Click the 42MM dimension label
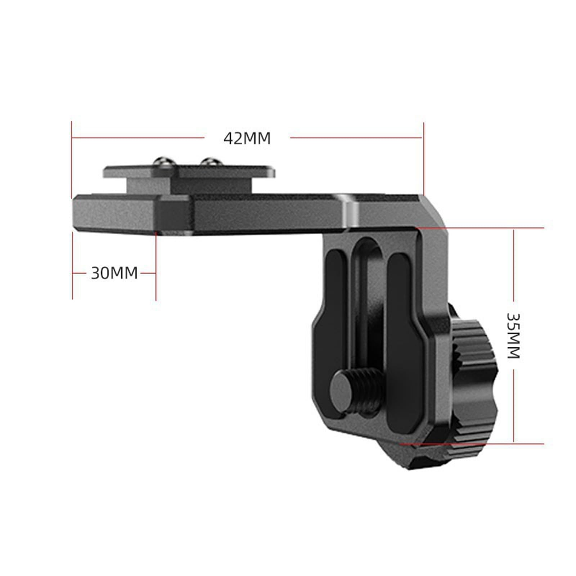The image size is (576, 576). [247, 138]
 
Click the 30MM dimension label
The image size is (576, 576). [114, 273]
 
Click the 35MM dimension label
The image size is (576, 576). [513, 336]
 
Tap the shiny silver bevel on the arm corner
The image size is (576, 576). [350, 212]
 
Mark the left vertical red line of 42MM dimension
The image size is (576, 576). [72, 160]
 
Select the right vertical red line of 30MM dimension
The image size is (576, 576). [156, 266]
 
